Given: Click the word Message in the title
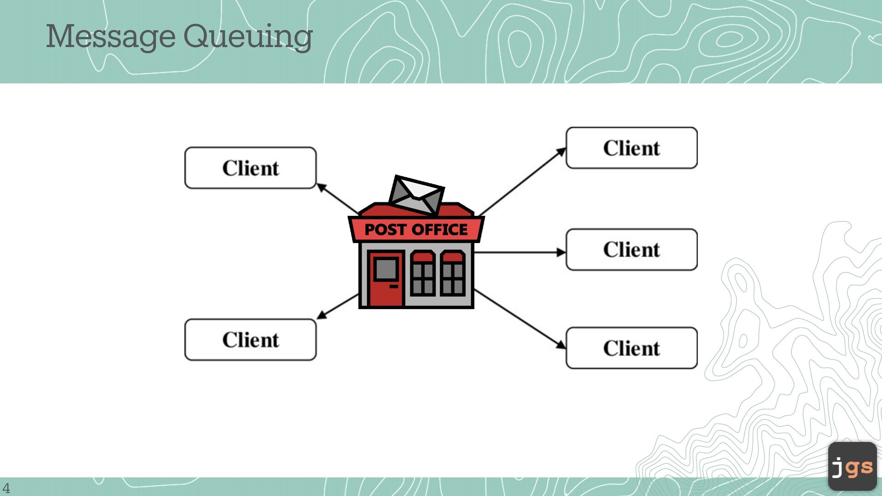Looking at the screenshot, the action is pyautogui.click(x=110, y=37).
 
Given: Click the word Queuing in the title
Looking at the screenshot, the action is pyautogui.click(x=248, y=37).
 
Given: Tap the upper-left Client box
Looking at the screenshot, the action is pyautogui.click(x=250, y=168).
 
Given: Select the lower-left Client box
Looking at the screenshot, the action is pyautogui.click(x=250, y=340).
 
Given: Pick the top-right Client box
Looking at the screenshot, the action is pyautogui.click(x=632, y=148).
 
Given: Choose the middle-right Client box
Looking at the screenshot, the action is pyautogui.click(x=632, y=249).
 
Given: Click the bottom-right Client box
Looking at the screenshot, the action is pyautogui.click(x=632, y=348).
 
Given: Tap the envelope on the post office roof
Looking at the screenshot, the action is pyautogui.click(x=416, y=195).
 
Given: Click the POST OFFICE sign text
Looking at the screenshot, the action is pyautogui.click(x=416, y=230).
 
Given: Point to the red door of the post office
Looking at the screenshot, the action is pyautogui.click(x=385, y=294).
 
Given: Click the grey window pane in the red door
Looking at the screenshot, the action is pyautogui.click(x=386, y=269).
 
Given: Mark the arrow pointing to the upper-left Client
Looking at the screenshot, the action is pyautogui.click(x=338, y=198).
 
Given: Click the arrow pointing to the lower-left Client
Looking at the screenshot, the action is pyautogui.click(x=338, y=306).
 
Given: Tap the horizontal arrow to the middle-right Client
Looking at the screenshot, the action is pyautogui.click(x=519, y=252).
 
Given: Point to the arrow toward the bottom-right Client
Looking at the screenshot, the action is pyautogui.click(x=519, y=318).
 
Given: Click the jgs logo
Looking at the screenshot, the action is pyautogui.click(x=852, y=467).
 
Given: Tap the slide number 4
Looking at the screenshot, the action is pyautogui.click(x=6, y=488).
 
